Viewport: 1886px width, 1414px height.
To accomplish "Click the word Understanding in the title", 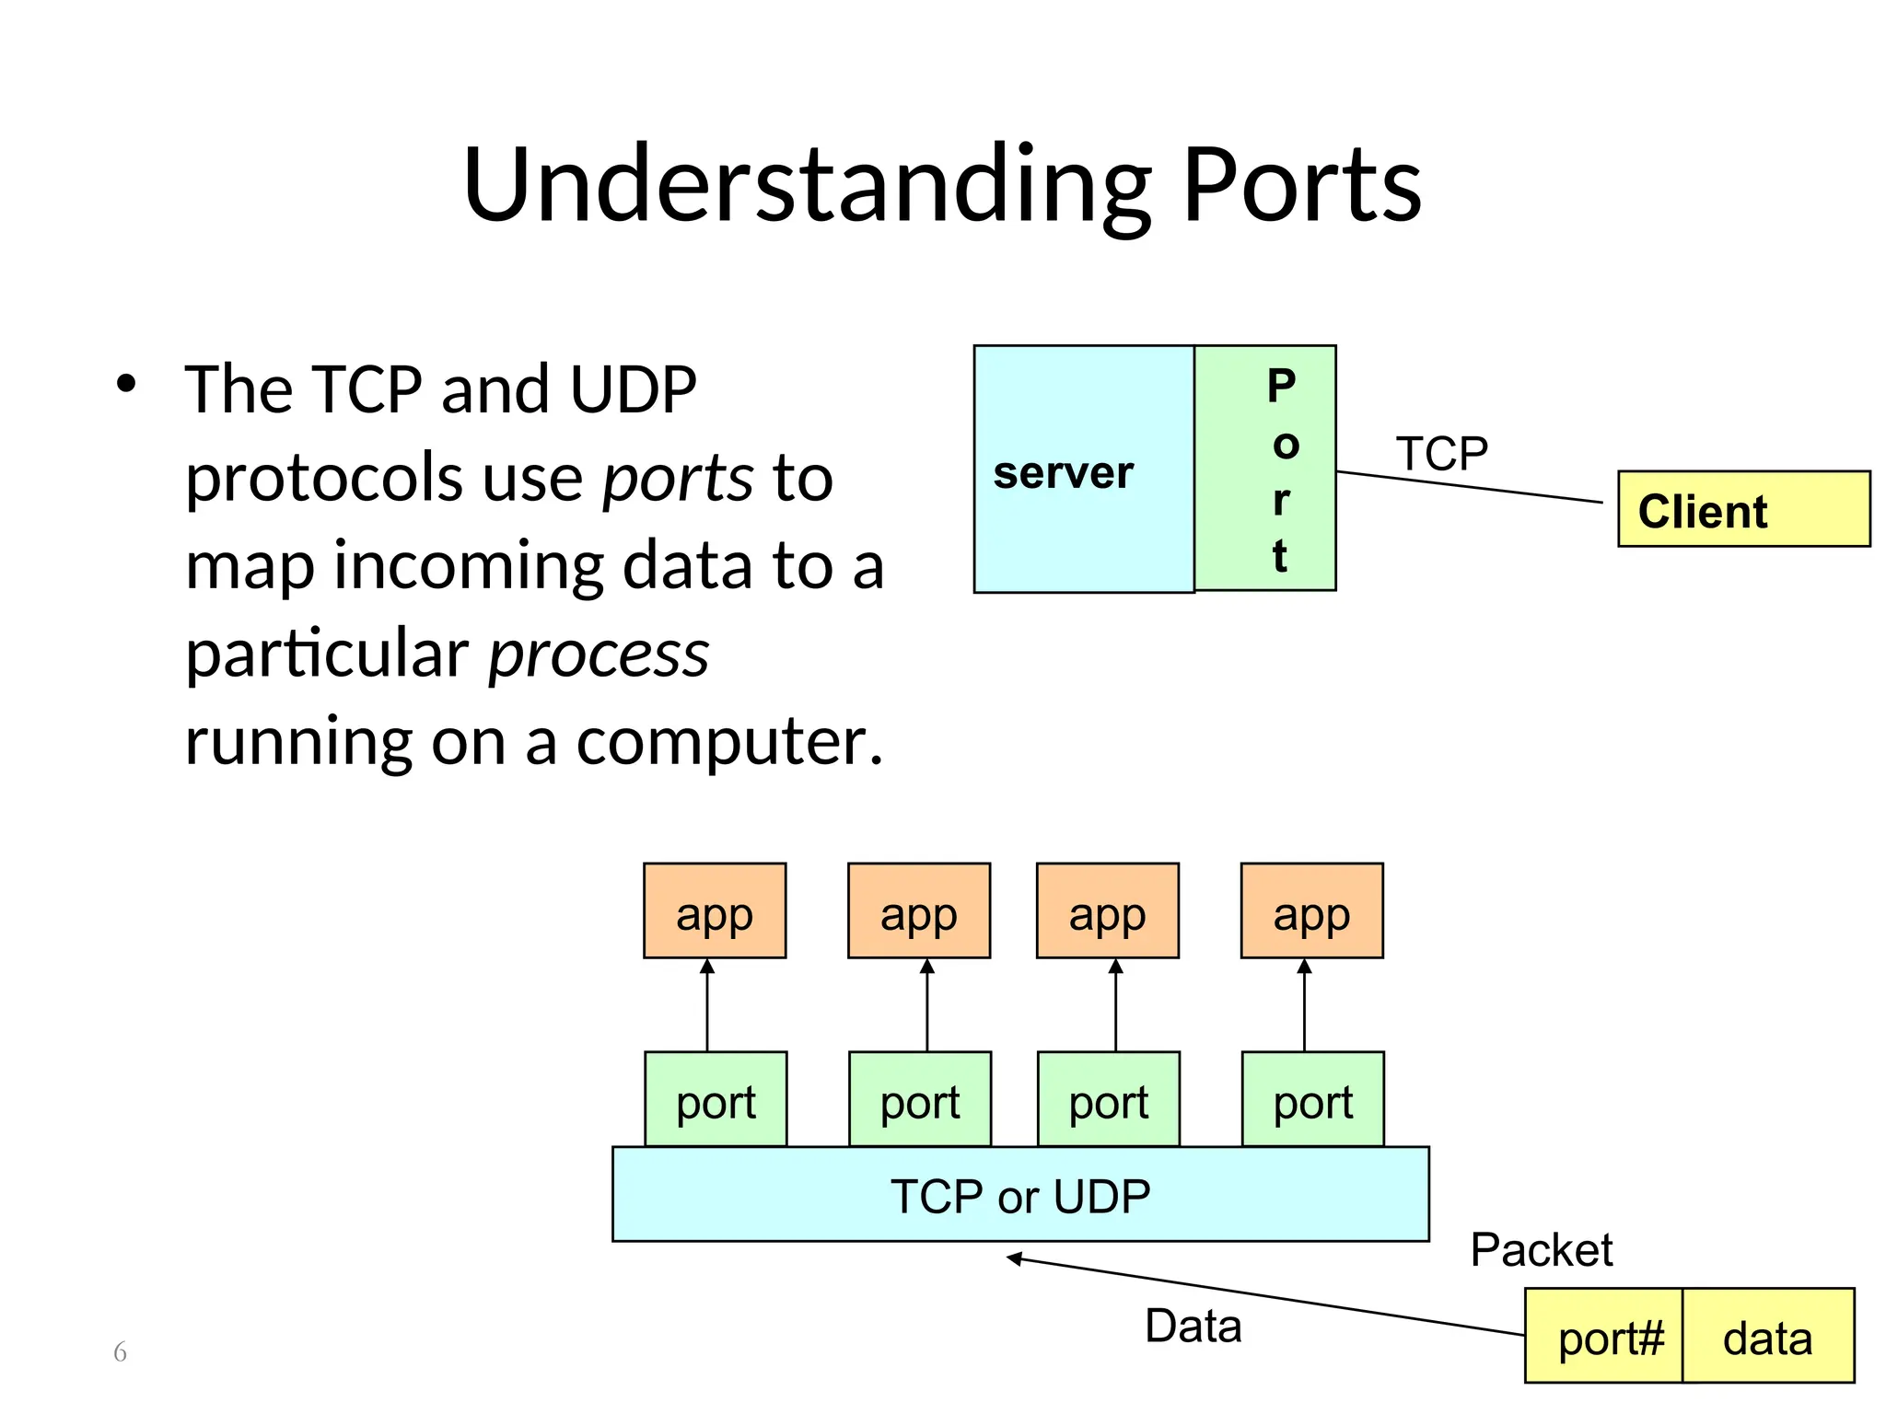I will pos(807,186).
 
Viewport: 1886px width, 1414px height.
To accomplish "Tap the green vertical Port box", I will pos(1265,468).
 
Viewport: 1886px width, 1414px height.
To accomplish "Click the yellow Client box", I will pos(1743,510).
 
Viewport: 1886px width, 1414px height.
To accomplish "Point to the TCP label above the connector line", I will pos(1441,454).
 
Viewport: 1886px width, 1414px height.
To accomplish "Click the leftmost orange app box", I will pos(715,911).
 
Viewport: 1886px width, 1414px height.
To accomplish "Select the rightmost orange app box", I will pos(1311,911).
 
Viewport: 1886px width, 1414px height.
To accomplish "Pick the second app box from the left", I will pos(918,911).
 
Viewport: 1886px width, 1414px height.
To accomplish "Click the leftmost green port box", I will pos(716,1100).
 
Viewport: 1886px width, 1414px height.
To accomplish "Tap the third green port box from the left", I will pos(1108,1100).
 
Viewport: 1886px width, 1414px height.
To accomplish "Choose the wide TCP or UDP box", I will pos(1020,1195).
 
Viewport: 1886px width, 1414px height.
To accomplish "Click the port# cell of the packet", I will pos(1603,1337).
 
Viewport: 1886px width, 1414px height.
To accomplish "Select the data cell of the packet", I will pos(1767,1337).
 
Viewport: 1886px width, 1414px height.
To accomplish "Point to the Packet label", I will pos(1541,1250).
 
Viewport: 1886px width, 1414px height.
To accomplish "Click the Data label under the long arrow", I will pos(1193,1327).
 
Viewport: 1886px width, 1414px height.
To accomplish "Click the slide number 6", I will pos(120,1351).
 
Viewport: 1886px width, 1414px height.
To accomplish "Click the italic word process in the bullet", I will pos(599,655).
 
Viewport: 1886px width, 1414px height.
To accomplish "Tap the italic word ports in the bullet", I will pos(678,479).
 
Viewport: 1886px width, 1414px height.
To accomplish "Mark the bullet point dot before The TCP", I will pos(126,384).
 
